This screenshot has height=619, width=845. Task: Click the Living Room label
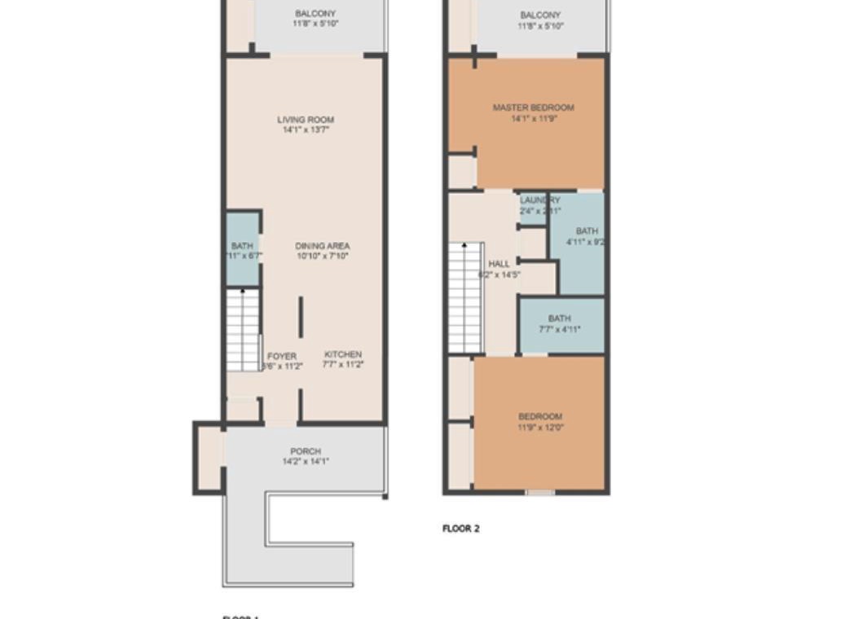[306, 120]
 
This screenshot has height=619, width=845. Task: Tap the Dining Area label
[323, 246]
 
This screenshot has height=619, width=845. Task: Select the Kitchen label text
[343, 354]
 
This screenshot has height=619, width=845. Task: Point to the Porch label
[306, 451]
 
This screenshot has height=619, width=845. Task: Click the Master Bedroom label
[533, 108]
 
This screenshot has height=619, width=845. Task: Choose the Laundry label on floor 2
[539, 200]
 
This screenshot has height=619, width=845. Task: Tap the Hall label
[499, 264]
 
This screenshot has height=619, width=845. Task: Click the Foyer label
[282, 357]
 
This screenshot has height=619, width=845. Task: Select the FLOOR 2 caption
[461, 529]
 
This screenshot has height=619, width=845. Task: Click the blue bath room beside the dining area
[242, 249]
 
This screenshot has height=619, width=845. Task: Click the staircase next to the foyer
[243, 330]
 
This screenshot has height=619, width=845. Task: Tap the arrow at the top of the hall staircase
[464, 245]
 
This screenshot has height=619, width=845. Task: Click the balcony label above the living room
[315, 14]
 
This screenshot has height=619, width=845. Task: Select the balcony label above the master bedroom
[540, 15]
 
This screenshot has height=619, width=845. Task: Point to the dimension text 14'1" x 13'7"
[306, 130]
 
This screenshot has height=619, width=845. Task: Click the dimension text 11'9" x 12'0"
[540, 427]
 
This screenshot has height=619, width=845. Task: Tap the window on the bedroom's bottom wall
[539, 492]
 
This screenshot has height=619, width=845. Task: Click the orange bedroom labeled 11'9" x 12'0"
[540, 456]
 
